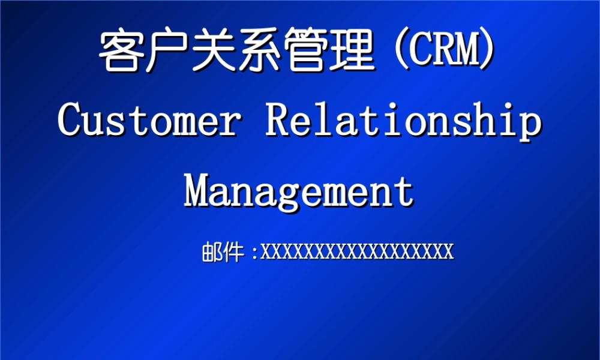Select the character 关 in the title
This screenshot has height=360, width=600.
213,51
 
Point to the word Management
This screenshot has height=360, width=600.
299,191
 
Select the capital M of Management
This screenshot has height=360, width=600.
198,191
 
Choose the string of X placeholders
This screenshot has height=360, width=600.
357,251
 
